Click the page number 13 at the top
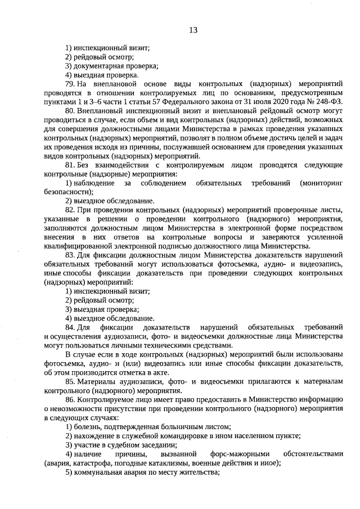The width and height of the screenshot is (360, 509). [193, 30]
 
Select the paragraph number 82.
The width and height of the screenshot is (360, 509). [70, 209]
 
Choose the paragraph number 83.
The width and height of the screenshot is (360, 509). [70, 255]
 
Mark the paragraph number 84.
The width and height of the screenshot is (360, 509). [70, 327]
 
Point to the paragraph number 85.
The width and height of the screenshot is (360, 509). [70, 382]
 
